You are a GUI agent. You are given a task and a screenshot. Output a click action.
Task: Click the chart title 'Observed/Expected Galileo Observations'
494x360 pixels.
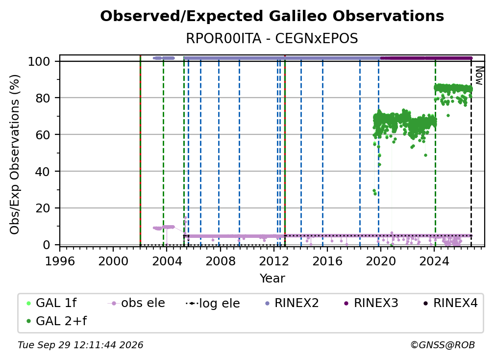(x=272, y=16)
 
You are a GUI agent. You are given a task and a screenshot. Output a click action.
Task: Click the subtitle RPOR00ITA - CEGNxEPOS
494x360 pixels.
(x=272, y=38)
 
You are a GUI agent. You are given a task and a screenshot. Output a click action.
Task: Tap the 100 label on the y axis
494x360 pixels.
(x=39, y=61)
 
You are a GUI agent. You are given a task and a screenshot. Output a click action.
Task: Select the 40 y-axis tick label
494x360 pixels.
(x=43, y=172)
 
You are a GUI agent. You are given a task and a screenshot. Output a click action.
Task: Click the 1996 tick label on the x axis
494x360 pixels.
(x=60, y=261)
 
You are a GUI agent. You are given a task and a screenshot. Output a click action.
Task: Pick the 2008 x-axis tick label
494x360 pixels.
(x=220, y=261)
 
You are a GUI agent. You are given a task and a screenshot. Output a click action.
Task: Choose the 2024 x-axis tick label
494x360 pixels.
(x=434, y=261)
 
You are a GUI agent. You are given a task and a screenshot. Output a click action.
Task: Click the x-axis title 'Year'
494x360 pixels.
(x=272, y=279)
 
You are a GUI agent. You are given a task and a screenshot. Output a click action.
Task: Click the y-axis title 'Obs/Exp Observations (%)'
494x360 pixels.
(x=15, y=154)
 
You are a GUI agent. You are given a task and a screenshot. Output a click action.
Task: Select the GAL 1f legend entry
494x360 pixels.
(x=51, y=303)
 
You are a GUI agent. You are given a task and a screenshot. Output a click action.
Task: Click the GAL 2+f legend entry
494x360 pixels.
(x=56, y=321)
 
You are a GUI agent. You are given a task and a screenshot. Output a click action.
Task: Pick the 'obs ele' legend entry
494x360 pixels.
(x=136, y=303)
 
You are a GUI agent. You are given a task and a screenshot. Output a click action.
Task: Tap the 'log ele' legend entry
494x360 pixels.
(x=213, y=303)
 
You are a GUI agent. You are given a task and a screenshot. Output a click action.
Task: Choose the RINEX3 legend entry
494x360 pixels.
(x=371, y=303)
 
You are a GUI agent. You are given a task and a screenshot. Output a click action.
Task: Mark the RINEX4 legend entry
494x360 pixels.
(x=450, y=303)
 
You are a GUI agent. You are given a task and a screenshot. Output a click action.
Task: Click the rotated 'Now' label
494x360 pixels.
(x=479, y=76)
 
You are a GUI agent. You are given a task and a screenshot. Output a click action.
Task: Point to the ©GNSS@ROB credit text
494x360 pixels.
(x=443, y=345)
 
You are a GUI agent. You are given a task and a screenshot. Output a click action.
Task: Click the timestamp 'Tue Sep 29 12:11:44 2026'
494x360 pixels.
(x=80, y=345)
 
